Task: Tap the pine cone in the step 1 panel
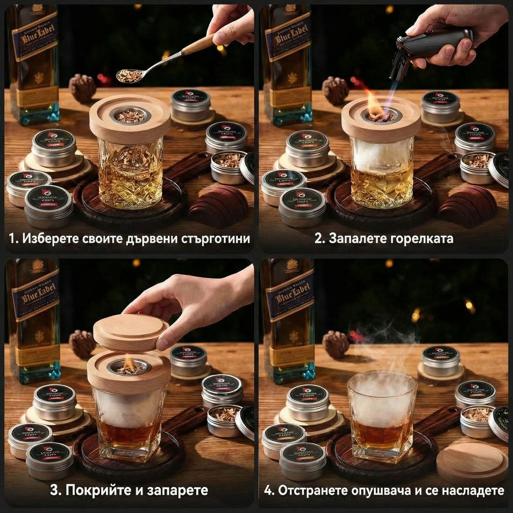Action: (x=82, y=87)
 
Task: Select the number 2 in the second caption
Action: (x=318, y=238)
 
